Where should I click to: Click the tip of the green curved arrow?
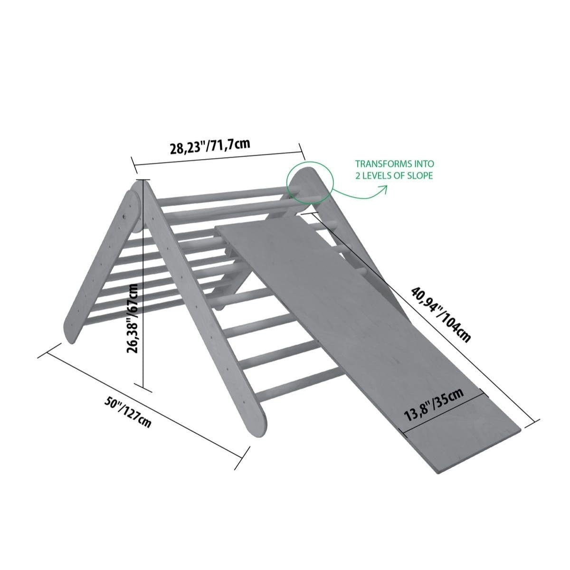pyautogui.click(x=387, y=186)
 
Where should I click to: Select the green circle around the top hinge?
pyautogui.click(x=310, y=181)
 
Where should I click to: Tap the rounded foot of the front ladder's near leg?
pyautogui.click(x=256, y=428)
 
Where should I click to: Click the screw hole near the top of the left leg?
pyautogui.click(x=125, y=217)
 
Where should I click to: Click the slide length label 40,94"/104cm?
pyautogui.click(x=440, y=314)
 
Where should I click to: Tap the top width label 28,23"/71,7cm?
pyautogui.click(x=210, y=146)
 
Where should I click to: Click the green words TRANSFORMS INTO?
pyautogui.click(x=395, y=163)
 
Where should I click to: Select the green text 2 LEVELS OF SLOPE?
pyautogui.click(x=394, y=176)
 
